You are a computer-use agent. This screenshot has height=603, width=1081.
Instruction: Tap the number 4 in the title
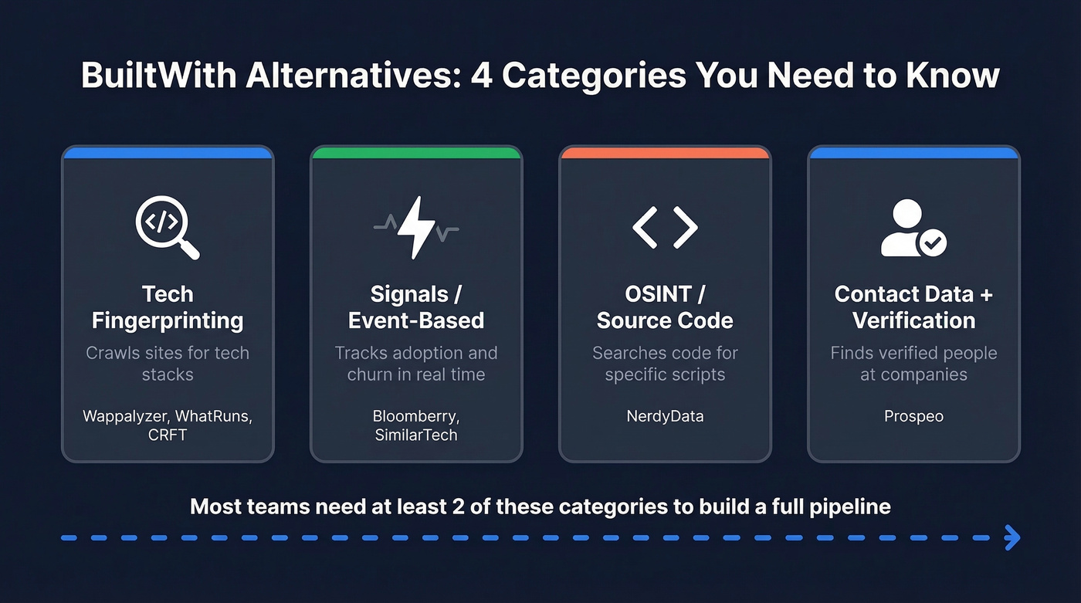point(481,76)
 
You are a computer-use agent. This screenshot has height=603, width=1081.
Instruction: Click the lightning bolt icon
point(416,227)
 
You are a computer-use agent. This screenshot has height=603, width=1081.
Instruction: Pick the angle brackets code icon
point(665,227)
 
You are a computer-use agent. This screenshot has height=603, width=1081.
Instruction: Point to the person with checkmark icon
point(913,229)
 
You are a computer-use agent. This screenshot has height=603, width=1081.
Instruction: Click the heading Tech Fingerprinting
point(168,307)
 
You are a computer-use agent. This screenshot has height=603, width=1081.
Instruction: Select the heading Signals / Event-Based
point(416,307)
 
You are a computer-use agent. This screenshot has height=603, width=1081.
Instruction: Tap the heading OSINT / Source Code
point(665,307)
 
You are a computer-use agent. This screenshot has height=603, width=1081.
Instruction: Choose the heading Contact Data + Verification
point(913,307)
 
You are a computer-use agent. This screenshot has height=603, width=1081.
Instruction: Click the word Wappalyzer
point(125,416)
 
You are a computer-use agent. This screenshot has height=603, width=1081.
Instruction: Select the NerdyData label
point(665,416)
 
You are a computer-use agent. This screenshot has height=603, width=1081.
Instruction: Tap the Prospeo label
point(913,416)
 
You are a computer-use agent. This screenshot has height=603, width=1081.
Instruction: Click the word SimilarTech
point(416,435)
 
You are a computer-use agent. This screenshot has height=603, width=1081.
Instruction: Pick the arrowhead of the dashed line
point(1012,538)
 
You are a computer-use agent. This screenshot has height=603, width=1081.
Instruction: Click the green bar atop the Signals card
point(416,153)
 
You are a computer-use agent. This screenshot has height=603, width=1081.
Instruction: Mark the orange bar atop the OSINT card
point(665,153)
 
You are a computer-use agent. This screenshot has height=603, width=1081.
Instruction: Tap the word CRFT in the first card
point(168,435)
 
